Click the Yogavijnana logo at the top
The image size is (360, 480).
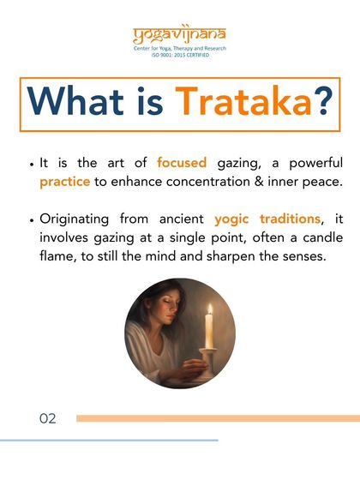click(179, 35)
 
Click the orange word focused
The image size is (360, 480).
click(182, 163)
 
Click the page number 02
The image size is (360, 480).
click(48, 418)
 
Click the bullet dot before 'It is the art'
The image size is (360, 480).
click(32, 164)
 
